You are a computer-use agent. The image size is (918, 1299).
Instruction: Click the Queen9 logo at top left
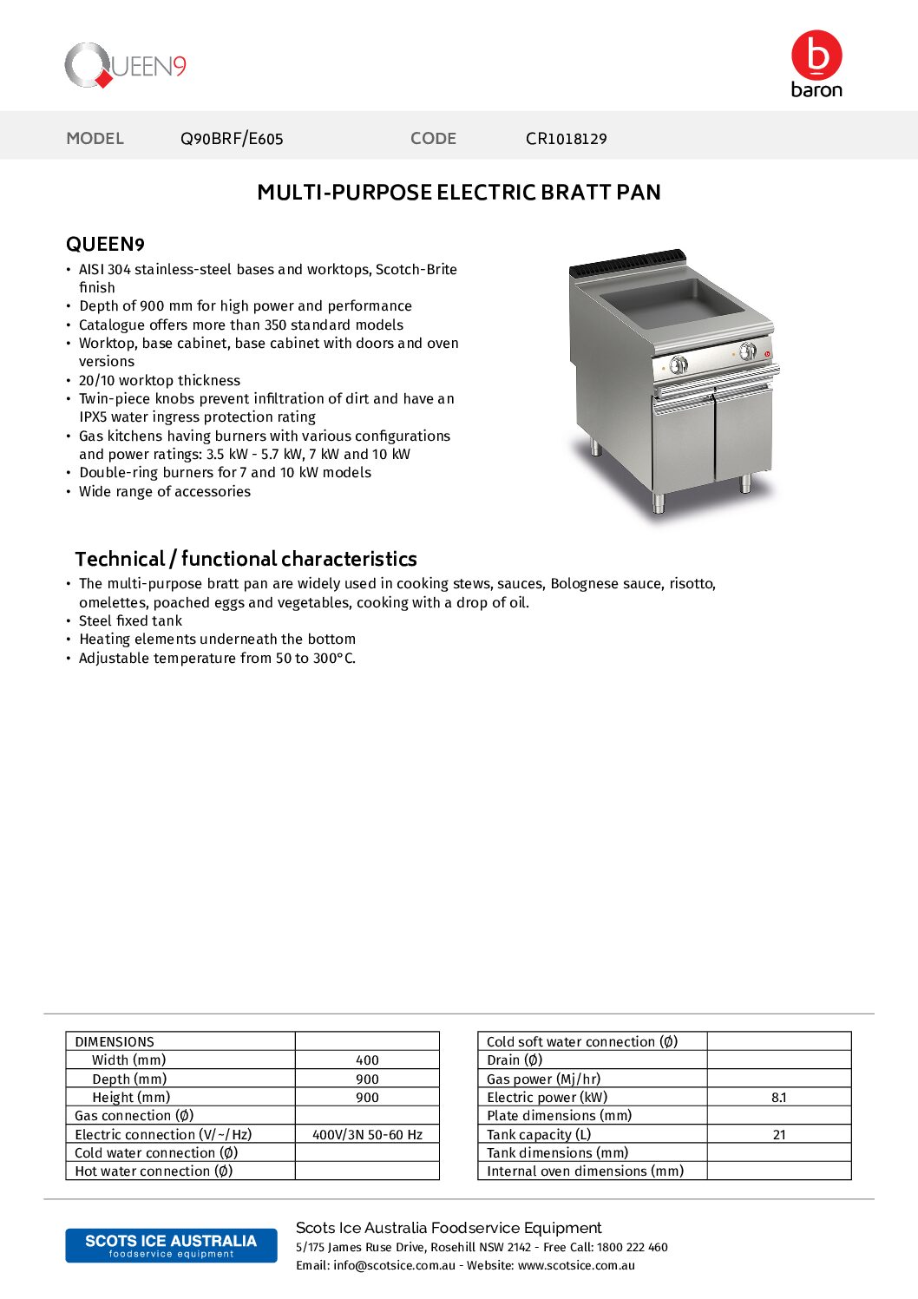click(x=125, y=66)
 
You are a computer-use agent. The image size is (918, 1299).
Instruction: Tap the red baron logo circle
click(x=816, y=55)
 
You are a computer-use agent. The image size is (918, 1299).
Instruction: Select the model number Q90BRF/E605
click(x=232, y=139)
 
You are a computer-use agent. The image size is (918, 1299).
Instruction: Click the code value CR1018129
click(x=566, y=139)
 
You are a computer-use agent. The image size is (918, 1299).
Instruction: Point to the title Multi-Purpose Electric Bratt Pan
click(x=458, y=193)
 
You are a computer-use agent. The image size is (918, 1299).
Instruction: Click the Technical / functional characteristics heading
click(x=246, y=559)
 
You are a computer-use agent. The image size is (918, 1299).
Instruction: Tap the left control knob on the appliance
click(x=679, y=364)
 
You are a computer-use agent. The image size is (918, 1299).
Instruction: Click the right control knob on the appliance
click(x=747, y=351)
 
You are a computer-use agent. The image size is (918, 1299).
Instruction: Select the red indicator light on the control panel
click(x=767, y=354)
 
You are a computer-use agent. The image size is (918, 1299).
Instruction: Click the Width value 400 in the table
click(x=367, y=1060)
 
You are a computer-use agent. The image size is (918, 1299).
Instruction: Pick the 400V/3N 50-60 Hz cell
click(x=367, y=1134)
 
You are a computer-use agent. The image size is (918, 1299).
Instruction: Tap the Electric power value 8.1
click(x=778, y=1098)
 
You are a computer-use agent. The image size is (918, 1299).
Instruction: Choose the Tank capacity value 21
click(x=778, y=1134)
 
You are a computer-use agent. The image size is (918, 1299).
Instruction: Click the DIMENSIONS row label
click(x=115, y=1041)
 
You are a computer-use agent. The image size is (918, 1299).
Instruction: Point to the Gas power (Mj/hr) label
click(x=543, y=1079)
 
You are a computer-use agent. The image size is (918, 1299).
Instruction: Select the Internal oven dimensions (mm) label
click(x=585, y=1171)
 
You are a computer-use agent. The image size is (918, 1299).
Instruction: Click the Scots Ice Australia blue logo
click(x=171, y=1245)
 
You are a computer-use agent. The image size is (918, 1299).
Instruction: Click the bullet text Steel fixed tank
click(x=130, y=620)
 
